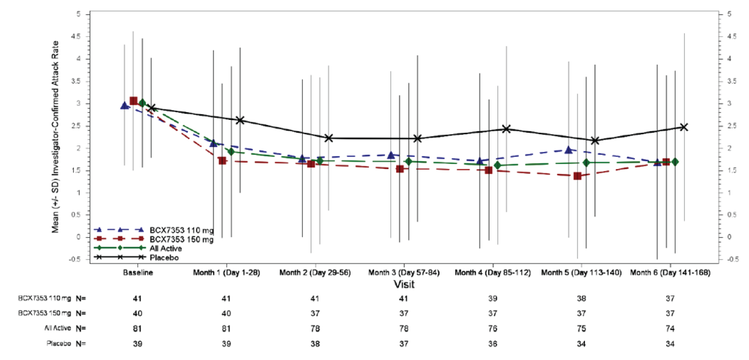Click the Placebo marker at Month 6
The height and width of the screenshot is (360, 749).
point(684,127)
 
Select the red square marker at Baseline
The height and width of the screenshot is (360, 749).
point(133,101)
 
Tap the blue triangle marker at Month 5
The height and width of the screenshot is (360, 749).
point(568,150)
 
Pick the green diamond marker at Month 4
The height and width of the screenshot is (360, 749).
point(497,166)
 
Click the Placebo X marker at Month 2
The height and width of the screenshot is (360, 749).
point(328,138)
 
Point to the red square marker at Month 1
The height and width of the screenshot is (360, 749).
point(222,161)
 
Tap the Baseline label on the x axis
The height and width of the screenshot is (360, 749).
point(138,273)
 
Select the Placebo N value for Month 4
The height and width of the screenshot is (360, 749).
point(492,344)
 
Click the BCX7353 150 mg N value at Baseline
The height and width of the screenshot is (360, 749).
point(138,313)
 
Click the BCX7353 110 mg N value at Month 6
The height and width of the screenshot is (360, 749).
point(670,298)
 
